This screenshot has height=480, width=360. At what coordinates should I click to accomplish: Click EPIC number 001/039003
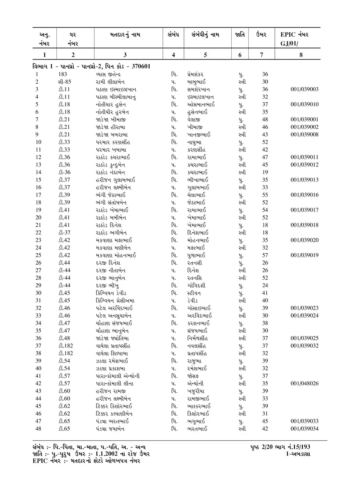click(x=304, y=90)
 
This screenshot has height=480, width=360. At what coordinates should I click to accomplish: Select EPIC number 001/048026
click(x=304, y=384)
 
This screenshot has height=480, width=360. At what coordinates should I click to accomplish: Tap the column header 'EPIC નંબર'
click(x=294, y=35)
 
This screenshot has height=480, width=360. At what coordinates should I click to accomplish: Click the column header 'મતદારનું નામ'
click(x=125, y=35)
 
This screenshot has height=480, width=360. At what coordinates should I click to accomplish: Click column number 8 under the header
click(x=301, y=55)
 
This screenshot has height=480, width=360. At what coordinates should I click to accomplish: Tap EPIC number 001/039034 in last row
click(x=304, y=429)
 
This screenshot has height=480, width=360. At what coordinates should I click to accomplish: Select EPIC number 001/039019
click(x=304, y=255)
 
